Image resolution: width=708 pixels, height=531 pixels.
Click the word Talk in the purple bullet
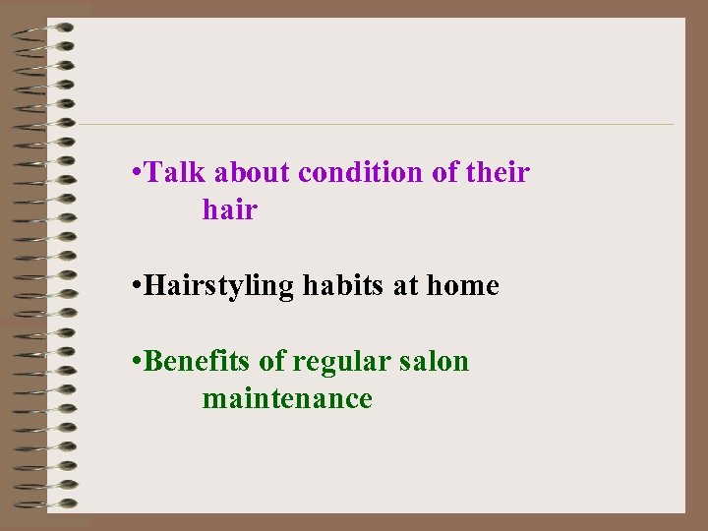[177, 173]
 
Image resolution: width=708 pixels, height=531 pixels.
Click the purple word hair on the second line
[229, 209]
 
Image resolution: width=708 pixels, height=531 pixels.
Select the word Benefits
[198, 362]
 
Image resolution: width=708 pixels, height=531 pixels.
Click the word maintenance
[287, 398]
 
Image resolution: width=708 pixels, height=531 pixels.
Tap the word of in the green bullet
[270, 362]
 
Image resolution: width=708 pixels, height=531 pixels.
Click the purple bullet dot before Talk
[135, 174]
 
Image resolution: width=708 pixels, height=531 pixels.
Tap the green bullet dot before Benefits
[135, 363]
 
